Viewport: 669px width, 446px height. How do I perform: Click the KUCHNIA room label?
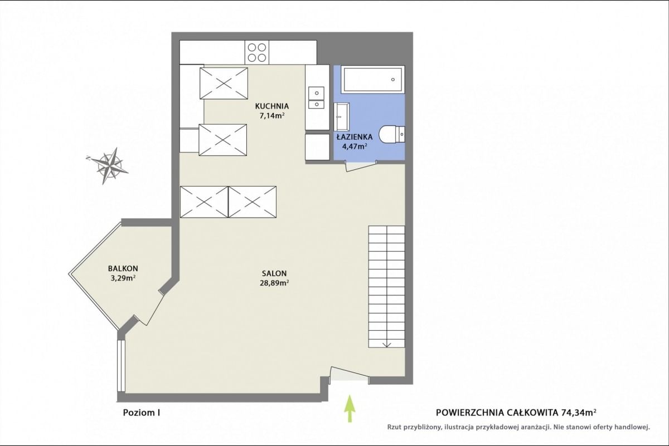pyautogui.click(x=272, y=106)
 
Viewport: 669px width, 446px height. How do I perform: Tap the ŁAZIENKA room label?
pyautogui.click(x=355, y=137)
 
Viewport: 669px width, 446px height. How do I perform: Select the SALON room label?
pyautogui.click(x=274, y=273)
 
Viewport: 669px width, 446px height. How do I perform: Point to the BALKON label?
pyautogui.click(x=123, y=268)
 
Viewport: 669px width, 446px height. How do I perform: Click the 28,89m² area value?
pyautogui.click(x=274, y=283)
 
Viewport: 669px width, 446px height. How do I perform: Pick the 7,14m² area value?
pyautogui.click(x=272, y=116)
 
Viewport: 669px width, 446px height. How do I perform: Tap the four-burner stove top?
pyautogui.click(x=257, y=52)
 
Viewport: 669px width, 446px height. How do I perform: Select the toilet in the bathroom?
pyautogui.click(x=392, y=134)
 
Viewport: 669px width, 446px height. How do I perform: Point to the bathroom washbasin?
pyautogui.click(x=341, y=116)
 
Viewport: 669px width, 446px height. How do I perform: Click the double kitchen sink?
pyautogui.click(x=316, y=97)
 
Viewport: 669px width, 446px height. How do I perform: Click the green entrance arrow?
pyautogui.click(x=350, y=408)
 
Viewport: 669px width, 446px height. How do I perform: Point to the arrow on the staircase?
pyautogui.click(x=387, y=343)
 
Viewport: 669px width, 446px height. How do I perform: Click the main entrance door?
pyautogui.click(x=349, y=374)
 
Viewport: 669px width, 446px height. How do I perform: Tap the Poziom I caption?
pyautogui.click(x=142, y=413)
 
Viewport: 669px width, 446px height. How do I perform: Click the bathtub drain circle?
pyautogui.click(x=392, y=80)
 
